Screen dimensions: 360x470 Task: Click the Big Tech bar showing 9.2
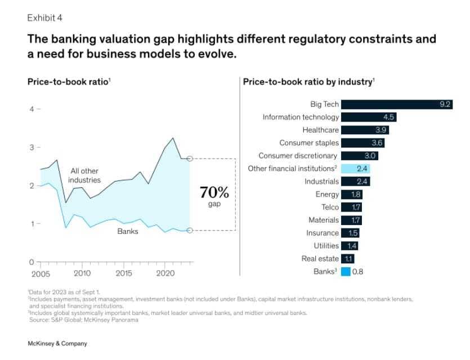397,104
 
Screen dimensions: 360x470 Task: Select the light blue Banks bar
346,272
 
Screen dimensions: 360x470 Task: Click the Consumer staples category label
309,143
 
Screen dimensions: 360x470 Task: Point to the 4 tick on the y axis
32,109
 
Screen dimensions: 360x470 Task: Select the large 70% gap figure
214,193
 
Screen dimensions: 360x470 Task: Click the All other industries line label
85,175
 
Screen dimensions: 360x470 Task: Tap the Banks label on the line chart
127,231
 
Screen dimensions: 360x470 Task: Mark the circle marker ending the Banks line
190,230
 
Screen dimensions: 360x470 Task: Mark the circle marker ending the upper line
190,159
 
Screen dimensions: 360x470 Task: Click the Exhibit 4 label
44,17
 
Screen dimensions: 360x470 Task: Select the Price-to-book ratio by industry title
308,82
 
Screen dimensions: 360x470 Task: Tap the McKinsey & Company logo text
57,343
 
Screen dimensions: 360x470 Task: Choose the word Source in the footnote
39,319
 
